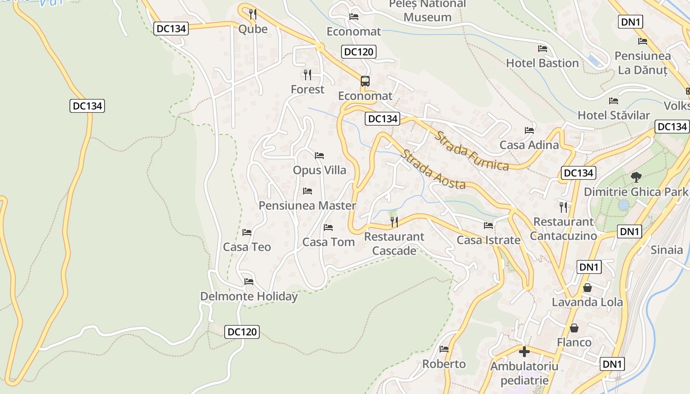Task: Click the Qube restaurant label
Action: [x=253, y=29]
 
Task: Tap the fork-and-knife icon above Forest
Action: [x=308, y=75]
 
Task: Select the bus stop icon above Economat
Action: [x=365, y=81]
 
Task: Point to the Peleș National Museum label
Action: [x=427, y=11]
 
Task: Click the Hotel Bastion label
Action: [x=542, y=63]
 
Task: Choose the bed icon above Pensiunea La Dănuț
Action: [x=642, y=41]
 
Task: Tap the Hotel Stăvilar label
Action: [x=614, y=115]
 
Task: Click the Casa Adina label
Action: [x=529, y=145]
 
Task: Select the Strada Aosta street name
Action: [x=433, y=169]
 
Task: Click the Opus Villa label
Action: [x=319, y=170]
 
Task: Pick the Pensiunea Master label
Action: [x=308, y=205]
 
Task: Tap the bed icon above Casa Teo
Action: [x=247, y=232]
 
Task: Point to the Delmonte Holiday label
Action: [x=249, y=296]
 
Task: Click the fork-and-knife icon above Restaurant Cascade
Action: [x=394, y=222]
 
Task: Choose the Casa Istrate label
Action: [x=488, y=240]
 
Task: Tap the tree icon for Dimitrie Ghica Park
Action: [x=636, y=177]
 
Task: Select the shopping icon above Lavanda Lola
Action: [x=587, y=288]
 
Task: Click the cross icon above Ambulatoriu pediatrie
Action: [x=524, y=352]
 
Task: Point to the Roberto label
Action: [x=444, y=364]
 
